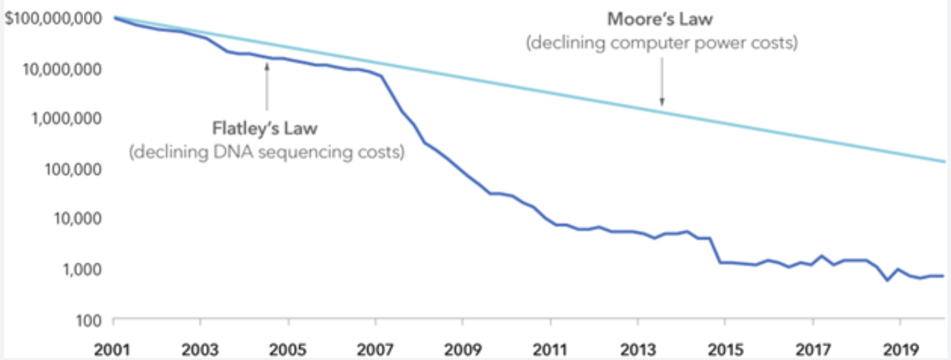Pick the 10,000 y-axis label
77,219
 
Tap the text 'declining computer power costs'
661,44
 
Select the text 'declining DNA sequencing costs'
266,152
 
